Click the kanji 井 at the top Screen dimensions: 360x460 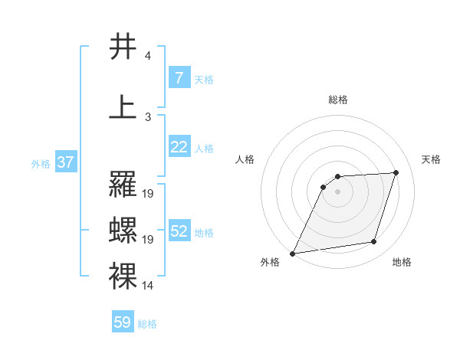(123, 47)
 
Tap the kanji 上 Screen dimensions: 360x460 (123, 107)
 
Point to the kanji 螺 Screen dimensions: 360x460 (123, 230)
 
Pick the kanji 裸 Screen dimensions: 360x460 (123, 276)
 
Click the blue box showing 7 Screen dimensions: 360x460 (179, 78)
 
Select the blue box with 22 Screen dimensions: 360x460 (179, 147)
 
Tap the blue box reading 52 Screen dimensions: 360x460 (179, 231)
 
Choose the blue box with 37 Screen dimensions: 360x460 (65, 162)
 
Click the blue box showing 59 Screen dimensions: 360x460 (123, 322)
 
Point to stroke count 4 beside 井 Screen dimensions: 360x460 (147, 56)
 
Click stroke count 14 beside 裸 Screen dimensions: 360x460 (148, 286)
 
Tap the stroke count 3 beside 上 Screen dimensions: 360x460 (147, 117)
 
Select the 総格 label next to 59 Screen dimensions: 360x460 (147, 324)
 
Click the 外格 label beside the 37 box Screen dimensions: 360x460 (41, 163)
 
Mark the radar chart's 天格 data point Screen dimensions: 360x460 (396, 172)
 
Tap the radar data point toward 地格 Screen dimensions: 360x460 (374, 242)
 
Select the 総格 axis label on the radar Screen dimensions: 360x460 (338, 100)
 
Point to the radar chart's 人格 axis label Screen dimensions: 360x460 (245, 159)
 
